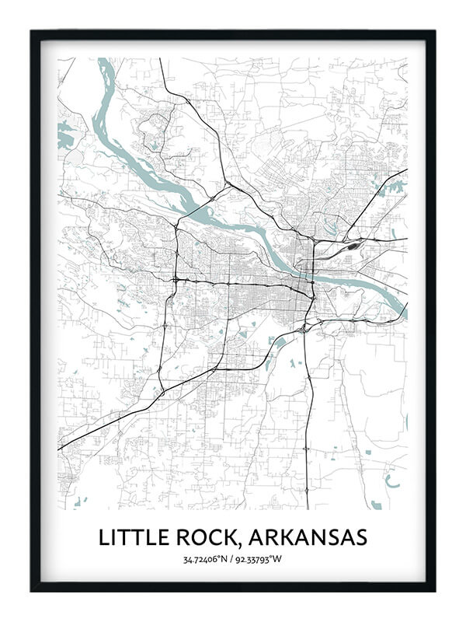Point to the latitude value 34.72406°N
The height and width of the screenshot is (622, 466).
click(206, 559)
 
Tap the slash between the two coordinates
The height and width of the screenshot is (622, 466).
click(233, 559)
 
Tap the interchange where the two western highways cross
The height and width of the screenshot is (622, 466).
click(176, 278)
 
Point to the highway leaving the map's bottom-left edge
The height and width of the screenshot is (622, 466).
click(60, 449)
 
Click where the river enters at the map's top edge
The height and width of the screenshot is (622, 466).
click(106, 60)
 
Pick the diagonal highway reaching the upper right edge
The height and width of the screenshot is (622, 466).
click(404, 171)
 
